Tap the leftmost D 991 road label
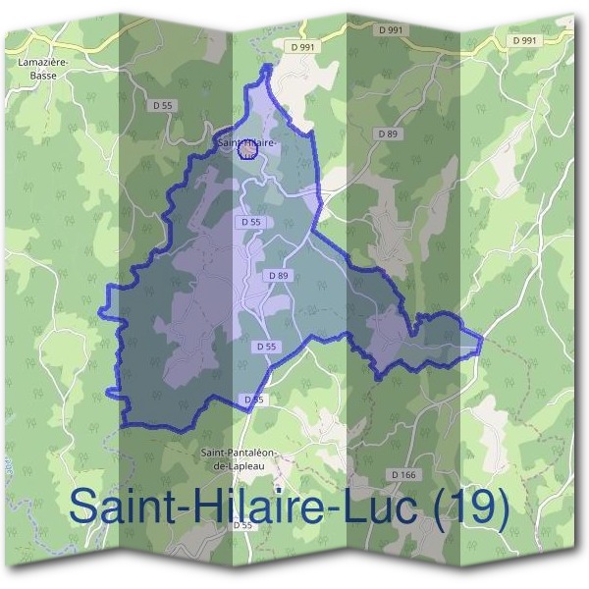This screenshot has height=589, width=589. tap(303, 45)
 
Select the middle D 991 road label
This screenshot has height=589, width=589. tap(390, 30)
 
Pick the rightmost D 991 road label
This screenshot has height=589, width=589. tap(524, 40)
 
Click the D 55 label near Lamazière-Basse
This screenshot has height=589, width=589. tap(162, 104)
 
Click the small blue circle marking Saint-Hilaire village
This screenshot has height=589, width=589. tap(247, 151)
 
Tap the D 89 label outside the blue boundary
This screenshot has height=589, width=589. tap(387, 133)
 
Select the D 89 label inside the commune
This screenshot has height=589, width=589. tap(279, 276)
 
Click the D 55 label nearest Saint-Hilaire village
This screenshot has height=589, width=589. tap(250, 223)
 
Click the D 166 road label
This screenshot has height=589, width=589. tap(403, 474)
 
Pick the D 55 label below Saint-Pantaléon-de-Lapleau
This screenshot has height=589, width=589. tap(242, 525)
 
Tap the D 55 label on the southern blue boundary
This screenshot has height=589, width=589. tap(253, 400)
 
